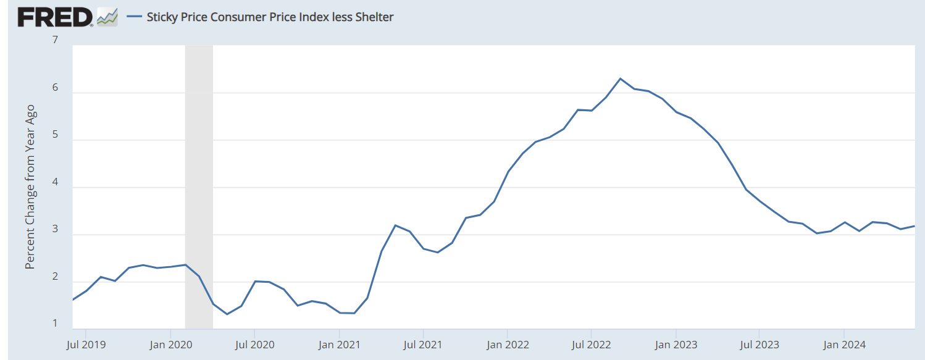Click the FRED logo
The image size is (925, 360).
(x=55, y=17)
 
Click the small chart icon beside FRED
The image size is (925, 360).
(x=107, y=17)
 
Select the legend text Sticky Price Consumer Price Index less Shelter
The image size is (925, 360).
(x=270, y=17)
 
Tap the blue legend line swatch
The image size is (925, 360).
(x=135, y=17)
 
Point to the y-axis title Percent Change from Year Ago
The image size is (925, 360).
(x=30, y=187)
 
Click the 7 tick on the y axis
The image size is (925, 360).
(x=55, y=41)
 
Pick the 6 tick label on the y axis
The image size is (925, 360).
(x=55, y=88)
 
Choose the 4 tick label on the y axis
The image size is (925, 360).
(x=55, y=182)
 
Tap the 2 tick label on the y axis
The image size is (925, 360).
(x=55, y=277)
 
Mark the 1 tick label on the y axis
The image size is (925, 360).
(x=55, y=324)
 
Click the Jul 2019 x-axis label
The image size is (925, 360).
(x=86, y=344)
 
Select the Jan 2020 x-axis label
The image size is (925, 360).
(x=170, y=344)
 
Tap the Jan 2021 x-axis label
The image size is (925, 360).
(x=339, y=344)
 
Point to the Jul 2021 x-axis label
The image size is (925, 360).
(x=423, y=344)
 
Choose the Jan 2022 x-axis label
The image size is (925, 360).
(x=508, y=344)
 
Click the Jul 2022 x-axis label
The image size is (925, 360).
(x=591, y=344)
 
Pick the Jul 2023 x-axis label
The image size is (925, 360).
(x=759, y=344)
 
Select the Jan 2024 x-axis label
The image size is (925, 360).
(x=843, y=344)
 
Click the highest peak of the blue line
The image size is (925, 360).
(x=620, y=78)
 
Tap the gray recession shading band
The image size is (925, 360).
(x=199, y=185)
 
